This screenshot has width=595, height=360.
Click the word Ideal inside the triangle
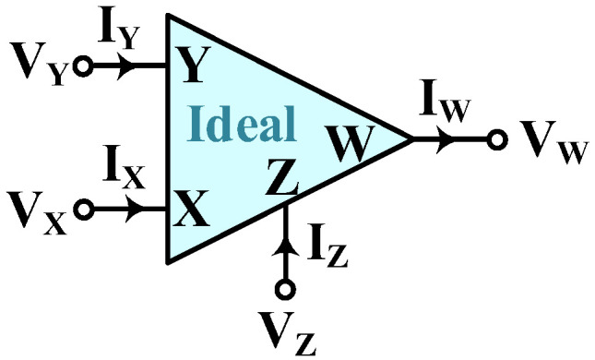pos(243,122)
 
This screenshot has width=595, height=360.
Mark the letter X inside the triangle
pos(190,211)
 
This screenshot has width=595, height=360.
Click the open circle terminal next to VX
pos(83,210)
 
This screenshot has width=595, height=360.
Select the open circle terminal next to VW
pos(498,141)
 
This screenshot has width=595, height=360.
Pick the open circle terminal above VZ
pos(287,290)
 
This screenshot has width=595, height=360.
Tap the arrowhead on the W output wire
pos(446,141)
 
